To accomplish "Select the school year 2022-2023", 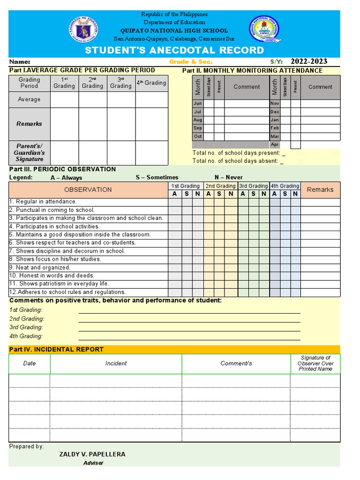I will click(x=309, y=61).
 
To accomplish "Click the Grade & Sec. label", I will click(x=190, y=62).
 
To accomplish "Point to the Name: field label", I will click(x=20, y=62).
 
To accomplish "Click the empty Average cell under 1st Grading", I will click(x=64, y=99).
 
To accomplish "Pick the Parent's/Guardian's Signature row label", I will click(x=29, y=153).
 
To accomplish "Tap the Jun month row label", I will click(x=197, y=103).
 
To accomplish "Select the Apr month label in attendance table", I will click(x=275, y=145).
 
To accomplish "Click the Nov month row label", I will click(x=275, y=103).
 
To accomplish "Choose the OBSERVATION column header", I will click(x=88, y=190).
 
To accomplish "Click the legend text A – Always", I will click(x=66, y=178).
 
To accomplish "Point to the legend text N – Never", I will click(x=229, y=177).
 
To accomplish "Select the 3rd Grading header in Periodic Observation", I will click(x=254, y=186).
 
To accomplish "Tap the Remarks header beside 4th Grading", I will click(x=320, y=190).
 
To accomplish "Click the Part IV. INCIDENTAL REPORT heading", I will click(x=56, y=349).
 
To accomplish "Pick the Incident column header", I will click(x=116, y=363).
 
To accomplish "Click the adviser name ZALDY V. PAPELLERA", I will click(x=92, y=454).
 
